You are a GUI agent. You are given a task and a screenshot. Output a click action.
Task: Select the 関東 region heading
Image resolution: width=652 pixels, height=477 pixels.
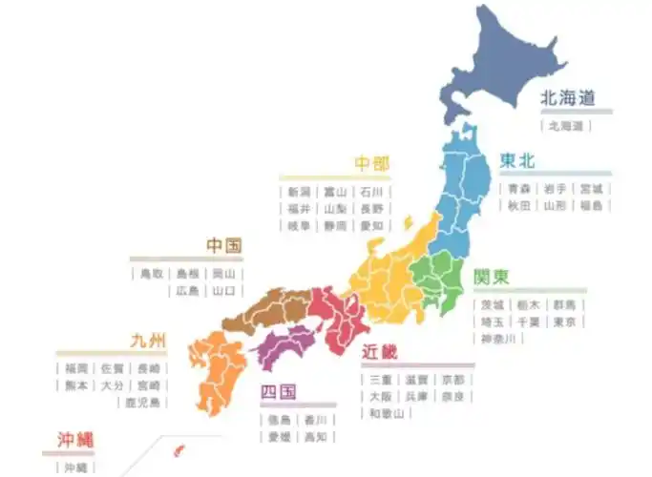(492, 277)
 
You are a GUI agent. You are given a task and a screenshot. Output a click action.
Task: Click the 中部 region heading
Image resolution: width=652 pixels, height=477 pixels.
(371, 164)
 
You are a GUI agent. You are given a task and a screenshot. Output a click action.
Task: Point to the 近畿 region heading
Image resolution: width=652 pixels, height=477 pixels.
(379, 352)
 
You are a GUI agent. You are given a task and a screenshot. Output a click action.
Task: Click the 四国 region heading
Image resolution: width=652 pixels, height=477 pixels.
(279, 392)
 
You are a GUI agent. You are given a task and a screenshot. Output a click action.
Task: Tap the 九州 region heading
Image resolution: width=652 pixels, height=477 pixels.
(149, 341)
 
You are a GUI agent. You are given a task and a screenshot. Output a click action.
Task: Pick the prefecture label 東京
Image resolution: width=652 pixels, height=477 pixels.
(564, 321)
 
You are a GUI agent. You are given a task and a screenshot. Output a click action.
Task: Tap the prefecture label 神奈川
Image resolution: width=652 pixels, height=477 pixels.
(497, 339)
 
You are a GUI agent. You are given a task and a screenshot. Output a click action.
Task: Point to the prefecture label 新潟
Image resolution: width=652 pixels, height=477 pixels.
(299, 192)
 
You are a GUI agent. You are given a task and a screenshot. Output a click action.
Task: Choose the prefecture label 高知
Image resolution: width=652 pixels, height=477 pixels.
(314, 437)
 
